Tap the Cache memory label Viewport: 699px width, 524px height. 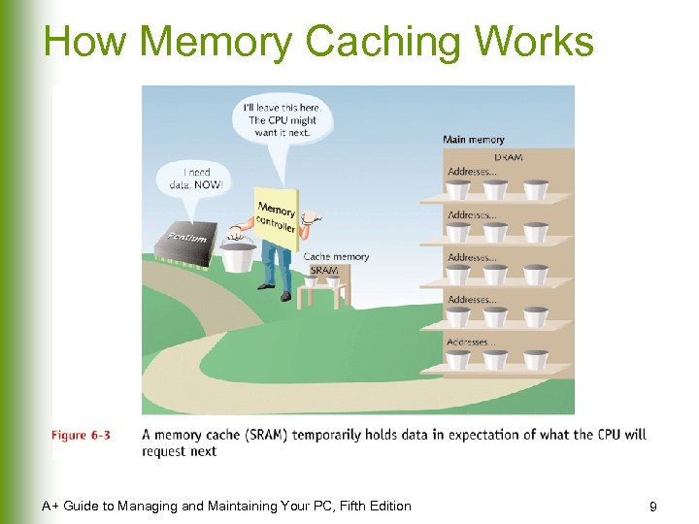point(336,257)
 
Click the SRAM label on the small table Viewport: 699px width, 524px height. point(324,271)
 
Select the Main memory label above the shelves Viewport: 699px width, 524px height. point(473,140)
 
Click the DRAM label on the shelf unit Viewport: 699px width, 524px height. point(508,157)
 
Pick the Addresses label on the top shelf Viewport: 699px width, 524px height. point(471,172)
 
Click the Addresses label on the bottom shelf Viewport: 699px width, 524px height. point(471,343)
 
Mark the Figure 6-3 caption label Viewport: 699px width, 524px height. point(81,435)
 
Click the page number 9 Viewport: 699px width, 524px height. point(652,507)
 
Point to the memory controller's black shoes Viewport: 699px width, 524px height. point(275,292)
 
